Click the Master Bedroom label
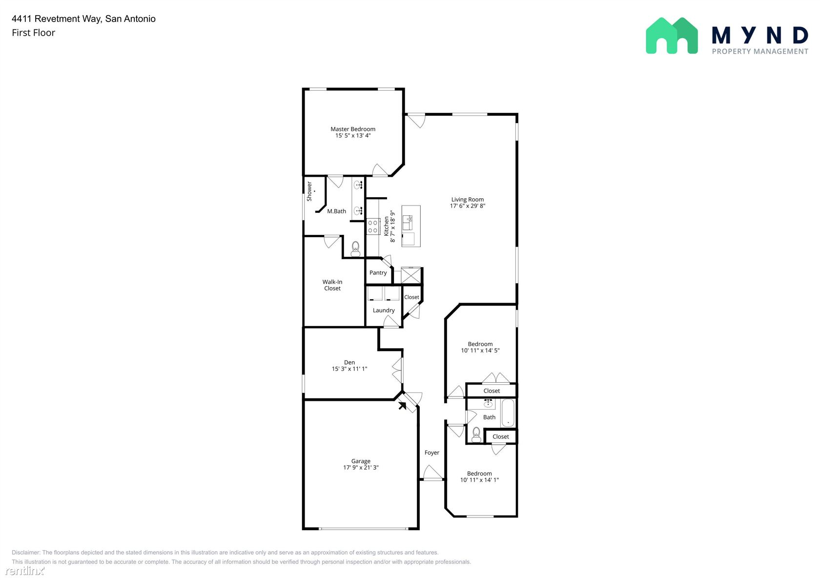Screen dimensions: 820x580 pyautogui.click(x=353, y=129)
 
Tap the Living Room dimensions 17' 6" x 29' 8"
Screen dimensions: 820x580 pyautogui.click(x=468, y=206)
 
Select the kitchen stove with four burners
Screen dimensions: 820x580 pyautogui.click(x=373, y=227)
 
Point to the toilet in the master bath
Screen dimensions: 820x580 pyautogui.click(x=355, y=249)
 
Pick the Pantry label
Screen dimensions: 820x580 pyautogui.click(x=378, y=273)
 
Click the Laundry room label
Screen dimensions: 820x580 pyautogui.click(x=384, y=311)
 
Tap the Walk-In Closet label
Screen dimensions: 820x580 pyautogui.click(x=332, y=285)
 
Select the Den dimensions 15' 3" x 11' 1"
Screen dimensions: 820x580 pyautogui.click(x=349, y=369)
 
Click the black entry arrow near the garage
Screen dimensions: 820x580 pyautogui.click(x=402, y=406)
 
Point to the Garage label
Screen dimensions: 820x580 pyautogui.click(x=361, y=461)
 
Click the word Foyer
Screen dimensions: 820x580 pyautogui.click(x=432, y=453)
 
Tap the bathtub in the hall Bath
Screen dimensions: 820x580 pyautogui.click(x=508, y=413)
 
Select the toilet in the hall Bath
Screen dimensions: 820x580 pyautogui.click(x=476, y=435)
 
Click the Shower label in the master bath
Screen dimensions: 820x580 pyautogui.click(x=309, y=191)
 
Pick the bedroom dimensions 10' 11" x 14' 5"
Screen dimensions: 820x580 pyautogui.click(x=480, y=351)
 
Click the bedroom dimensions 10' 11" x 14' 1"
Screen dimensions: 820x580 pyautogui.click(x=479, y=480)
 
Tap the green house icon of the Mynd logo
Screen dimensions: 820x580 pyautogui.click(x=672, y=36)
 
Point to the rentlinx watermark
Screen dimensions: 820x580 pyautogui.click(x=25, y=571)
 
